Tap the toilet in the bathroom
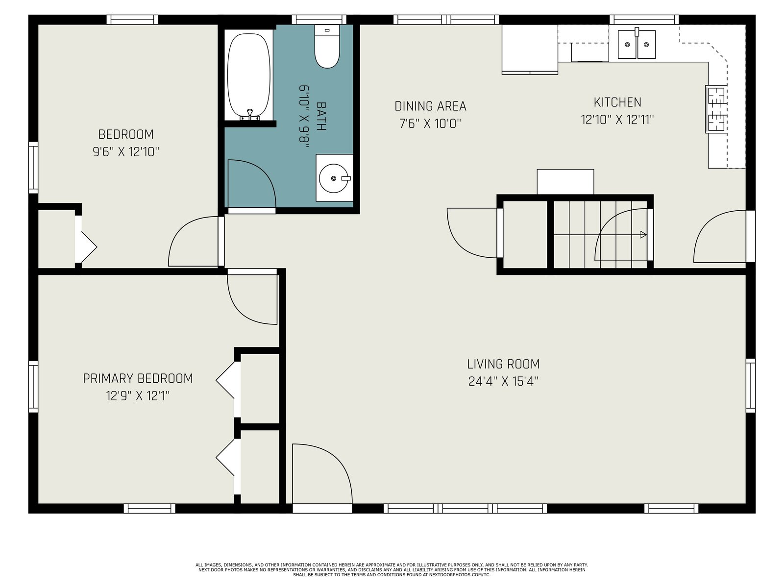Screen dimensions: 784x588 [x=327, y=47]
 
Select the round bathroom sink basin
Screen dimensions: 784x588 [x=333, y=178]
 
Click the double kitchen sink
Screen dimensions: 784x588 [x=637, y=44]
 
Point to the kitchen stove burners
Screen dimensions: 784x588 [x=716, y=109]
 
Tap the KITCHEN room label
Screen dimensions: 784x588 [x=617, y=102]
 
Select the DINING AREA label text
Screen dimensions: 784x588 [x=430, y=106]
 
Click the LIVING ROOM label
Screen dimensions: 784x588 [x=503, y=364]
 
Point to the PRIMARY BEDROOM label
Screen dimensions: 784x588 [x=138, y=378]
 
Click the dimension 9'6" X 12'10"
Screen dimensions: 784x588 [x=126, y=152]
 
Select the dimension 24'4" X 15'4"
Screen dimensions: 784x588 [x=503, y=382]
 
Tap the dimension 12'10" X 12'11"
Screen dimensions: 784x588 [x=617, y=120]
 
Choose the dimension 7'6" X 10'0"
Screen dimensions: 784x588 [x=430, y=123]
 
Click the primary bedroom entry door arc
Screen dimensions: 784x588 [x=240, y=311]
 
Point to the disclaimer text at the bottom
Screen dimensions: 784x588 [x=392, y=570]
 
